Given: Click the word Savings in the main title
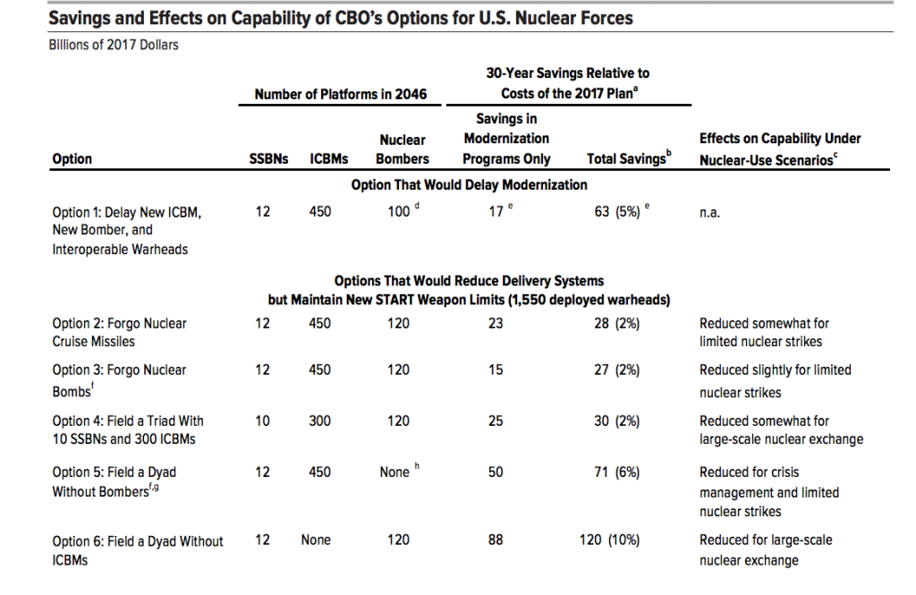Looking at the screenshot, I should click(81, 18).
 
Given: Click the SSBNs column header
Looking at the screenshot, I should click(267, 159).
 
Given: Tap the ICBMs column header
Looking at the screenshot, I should click(328, 159).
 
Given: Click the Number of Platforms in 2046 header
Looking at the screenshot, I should click(340, 94).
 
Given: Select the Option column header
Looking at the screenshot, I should click(72, 159).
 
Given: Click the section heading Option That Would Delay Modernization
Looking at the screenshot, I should click(469, 184).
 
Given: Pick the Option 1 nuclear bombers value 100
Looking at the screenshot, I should click(397, 212).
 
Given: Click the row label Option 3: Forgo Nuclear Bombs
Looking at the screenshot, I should click(119, 380).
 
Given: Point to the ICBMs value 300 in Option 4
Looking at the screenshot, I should click(319, 421).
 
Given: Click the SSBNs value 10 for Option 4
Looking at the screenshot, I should click(262, 421).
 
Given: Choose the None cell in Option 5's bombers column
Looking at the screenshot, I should click(394, 472).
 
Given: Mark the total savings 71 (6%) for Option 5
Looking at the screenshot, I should click(616, 472).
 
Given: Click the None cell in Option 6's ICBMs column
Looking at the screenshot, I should click(316, 540).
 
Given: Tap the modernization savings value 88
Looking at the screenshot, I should click(496, 540).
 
